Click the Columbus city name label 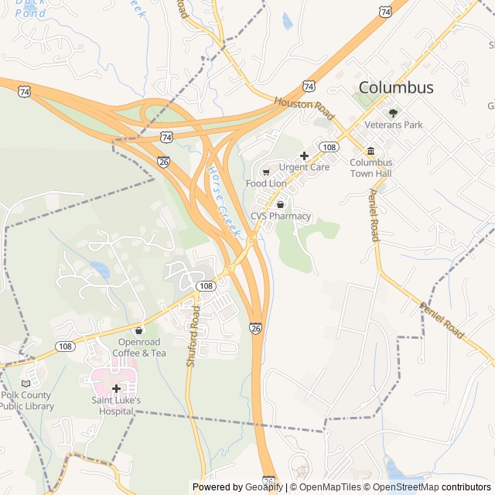pos(396,87)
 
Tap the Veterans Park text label pos(394,125)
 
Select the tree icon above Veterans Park pos(393,113)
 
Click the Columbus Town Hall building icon pos(370,151)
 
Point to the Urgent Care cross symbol pos(304,155)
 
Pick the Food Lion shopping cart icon pos(266,172)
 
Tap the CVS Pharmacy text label pos(280,217)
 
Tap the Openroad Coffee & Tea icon pos(139,330)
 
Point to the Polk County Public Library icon pos(26,383)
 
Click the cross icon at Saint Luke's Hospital pos(116,388)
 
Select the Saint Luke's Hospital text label pos(116,406)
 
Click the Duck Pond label pos(30,8)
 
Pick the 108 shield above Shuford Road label pos(205,286)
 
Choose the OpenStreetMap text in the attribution pos(407,487)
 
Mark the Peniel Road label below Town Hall pos(374,215)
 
